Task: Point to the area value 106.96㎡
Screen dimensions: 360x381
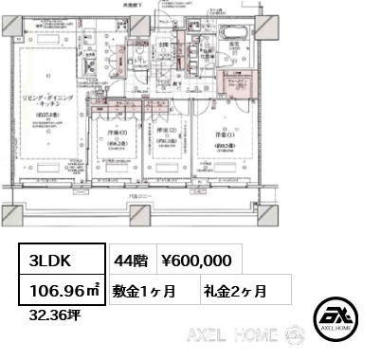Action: (x=59, y=291)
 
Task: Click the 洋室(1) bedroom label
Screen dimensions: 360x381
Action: (x=220, y=135)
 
